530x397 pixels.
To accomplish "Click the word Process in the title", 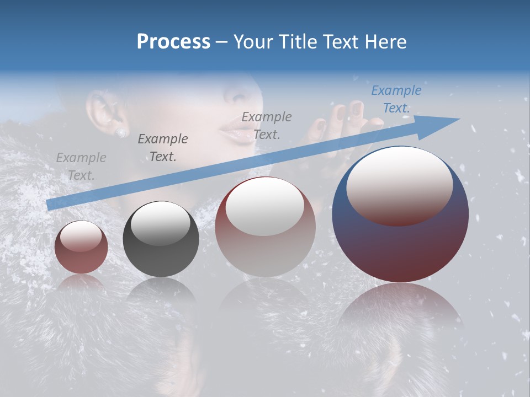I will point(173,42).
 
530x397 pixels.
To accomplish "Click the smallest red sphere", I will point(81,247).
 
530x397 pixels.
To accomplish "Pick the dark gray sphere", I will point(161,239).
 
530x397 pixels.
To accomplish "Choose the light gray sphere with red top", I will point(265,226).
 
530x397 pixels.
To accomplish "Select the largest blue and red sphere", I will point(400,215).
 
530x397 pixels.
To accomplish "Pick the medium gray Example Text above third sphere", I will point(267,125).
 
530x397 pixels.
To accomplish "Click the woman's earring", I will point(120,132).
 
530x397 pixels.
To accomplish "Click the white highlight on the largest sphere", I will point(399,185).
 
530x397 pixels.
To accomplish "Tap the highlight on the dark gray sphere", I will point(161,223).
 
